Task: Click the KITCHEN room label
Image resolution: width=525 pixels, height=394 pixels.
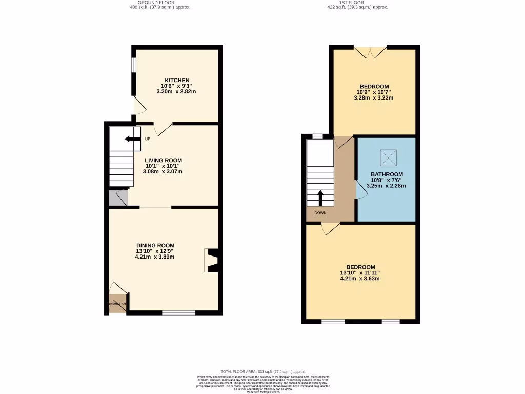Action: (176, 80)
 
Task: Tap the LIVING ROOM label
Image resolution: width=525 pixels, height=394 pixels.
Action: (163, 160)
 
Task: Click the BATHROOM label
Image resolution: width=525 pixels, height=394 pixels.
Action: (387, 174)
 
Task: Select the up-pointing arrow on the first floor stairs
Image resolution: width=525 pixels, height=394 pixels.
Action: (320, 198)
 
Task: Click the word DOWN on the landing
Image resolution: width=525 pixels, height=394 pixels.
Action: (320, 213)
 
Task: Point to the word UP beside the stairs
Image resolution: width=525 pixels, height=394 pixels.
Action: (148, 139)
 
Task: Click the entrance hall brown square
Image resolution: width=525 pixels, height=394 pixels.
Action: (117, 303)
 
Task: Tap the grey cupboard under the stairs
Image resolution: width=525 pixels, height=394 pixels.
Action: (117, 199)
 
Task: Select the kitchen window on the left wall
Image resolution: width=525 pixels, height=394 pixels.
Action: (133, 65)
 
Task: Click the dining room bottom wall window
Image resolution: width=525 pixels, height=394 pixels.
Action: (178, 313)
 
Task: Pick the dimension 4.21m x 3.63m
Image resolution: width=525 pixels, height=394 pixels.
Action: (360, 279)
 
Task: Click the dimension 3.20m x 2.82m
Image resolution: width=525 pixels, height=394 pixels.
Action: (176, 91)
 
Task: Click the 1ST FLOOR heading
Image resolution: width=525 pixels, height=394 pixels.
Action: (357, 3)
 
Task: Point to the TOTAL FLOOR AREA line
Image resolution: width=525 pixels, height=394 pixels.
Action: (263, 371)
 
